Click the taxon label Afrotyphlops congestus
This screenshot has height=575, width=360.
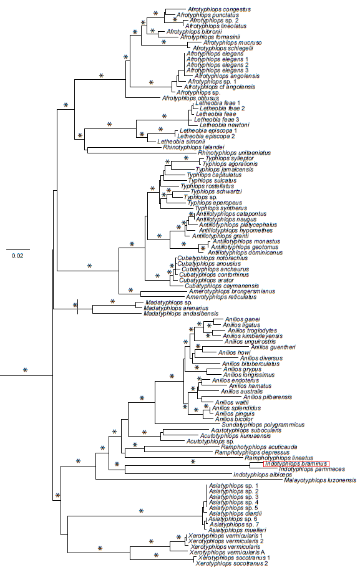pyautogui.click(x=207, y=9)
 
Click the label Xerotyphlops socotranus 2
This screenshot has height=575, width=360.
pyautogui.click(x=231, y=563)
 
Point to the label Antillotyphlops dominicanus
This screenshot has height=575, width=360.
pyautogui.click(x=249, y=252)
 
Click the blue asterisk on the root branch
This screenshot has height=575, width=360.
pyautogui.click(x=26, y=370)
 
